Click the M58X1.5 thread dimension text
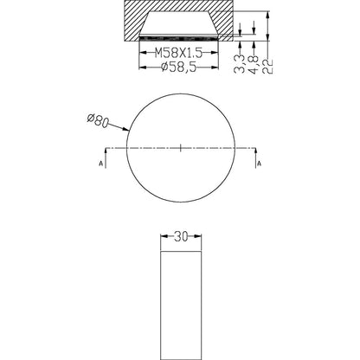(180, 53)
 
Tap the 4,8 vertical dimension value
(252, 61)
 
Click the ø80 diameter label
(98, 120)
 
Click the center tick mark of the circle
(180, 149)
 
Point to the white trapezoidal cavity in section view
(180, 24)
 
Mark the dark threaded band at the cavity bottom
(180, 37)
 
